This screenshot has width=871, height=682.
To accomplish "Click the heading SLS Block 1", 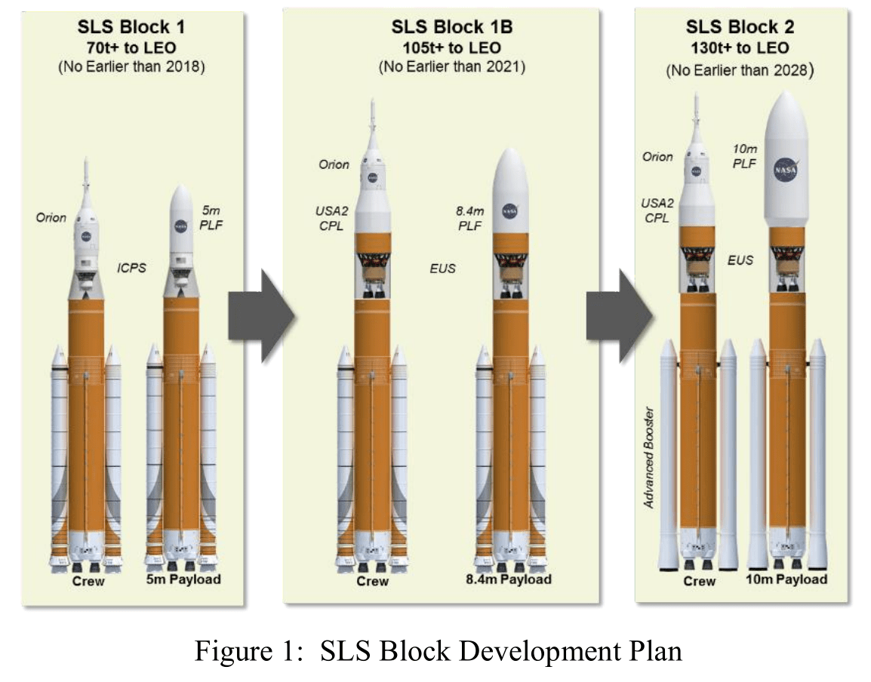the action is coord(131,28).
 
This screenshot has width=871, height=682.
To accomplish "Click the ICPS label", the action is coord(131,266).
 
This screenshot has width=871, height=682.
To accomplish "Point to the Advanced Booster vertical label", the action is coord(649,458).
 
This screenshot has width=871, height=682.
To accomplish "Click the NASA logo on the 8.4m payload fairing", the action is coord(509,213).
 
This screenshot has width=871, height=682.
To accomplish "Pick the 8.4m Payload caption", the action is coord(509,579).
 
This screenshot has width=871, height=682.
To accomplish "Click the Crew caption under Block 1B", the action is coord(372,581).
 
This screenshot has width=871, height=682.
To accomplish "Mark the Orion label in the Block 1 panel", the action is coord(51,218).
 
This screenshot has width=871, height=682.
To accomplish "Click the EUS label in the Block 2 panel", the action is coord(740,261).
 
